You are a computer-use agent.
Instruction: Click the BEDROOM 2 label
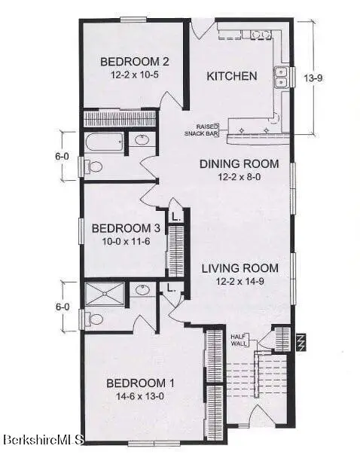click(x=133, y=62)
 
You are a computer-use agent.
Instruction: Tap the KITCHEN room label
click(x=232, y=76)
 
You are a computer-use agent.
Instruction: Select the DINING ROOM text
click(x=239, y=164)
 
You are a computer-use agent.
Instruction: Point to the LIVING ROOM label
click(x=239, y=268)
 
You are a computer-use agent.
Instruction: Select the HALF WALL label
click(x=239, y=340)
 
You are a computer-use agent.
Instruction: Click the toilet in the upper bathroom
click(x=93, y=166)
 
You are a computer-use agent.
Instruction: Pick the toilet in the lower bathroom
click(x=93, y=319)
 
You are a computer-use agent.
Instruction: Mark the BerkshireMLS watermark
click(x=43, y=439)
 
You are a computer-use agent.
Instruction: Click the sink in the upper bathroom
click(x=142, y=139)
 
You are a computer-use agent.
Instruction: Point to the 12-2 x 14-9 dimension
click(x=239, y=281)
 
